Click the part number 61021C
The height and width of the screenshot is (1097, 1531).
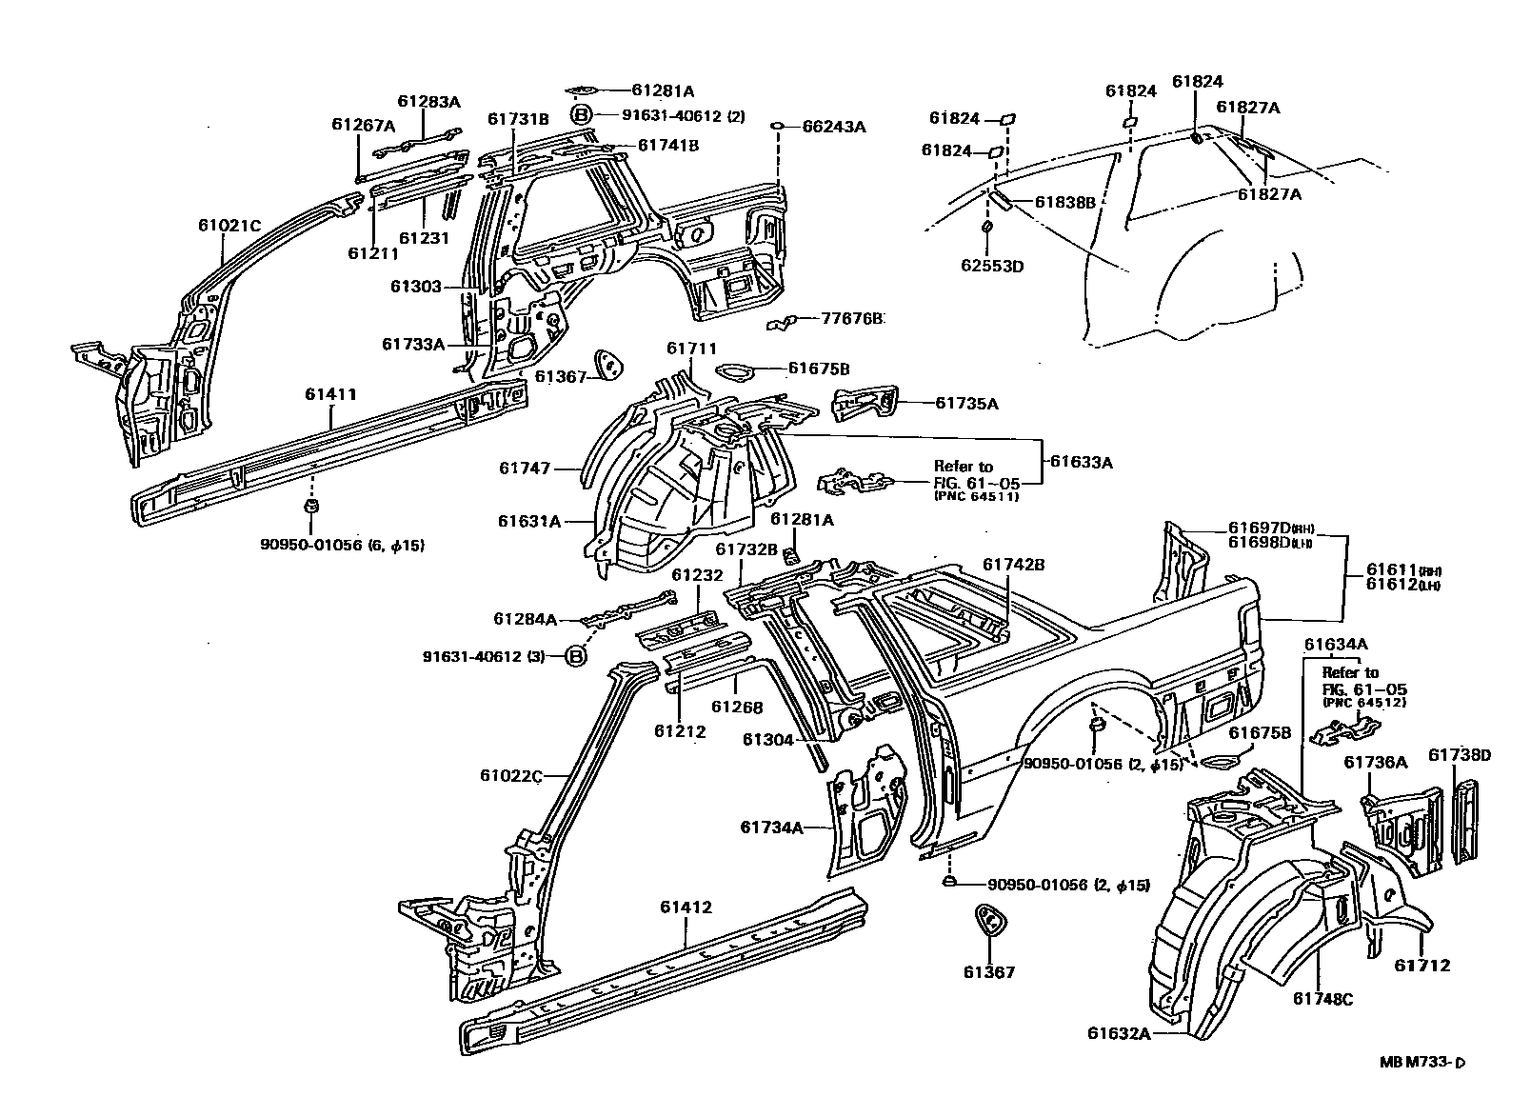[229, 226]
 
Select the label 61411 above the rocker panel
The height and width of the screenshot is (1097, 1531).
[331, 393]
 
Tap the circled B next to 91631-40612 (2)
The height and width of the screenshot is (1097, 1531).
[581, 116]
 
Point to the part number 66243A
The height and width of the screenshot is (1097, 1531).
[833, 127]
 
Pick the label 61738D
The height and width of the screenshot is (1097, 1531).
[1460, 755]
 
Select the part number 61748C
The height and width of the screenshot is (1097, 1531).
[1322, 998]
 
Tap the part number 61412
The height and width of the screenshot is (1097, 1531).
[686, 908]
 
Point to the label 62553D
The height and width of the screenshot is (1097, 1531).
[991, 266]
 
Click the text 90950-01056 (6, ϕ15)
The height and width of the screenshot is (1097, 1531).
[342, 545]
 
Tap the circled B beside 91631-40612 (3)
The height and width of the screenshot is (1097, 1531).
[576, 656]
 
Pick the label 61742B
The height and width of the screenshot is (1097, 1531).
[1014, 565]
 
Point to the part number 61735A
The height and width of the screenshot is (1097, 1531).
[966, 404]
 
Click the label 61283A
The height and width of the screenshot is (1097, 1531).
[428, 102]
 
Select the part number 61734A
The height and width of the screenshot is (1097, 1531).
[772, 827]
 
